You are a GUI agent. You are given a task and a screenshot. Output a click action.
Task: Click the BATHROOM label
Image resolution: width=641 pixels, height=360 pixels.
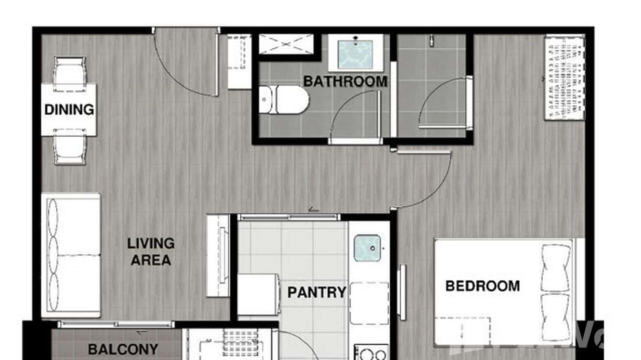(345, 81)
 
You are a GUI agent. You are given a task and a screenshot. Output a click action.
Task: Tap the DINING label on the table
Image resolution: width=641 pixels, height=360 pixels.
(69, 110)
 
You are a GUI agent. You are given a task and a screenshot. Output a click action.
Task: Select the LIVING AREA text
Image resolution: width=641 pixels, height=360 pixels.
(150, 252)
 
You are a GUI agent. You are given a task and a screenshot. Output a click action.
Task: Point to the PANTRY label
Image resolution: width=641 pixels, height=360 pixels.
(316, 292)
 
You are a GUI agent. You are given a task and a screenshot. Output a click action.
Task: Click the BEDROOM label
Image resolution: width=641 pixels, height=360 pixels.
(482, 286)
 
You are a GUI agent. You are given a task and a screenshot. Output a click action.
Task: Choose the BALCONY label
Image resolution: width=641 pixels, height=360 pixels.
(123, 349)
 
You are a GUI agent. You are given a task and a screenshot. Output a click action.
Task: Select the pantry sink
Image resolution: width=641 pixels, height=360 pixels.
(367, 248)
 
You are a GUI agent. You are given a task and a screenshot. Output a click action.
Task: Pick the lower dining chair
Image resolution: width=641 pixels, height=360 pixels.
(70, 146)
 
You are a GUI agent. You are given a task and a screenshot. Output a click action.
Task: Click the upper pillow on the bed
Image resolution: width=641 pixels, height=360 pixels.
(556, 268)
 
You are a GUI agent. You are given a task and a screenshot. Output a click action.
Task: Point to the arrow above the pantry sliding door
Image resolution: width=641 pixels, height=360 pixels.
(313, 209)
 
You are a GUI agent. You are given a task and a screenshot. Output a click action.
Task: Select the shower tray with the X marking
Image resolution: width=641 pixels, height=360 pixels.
(286, 43)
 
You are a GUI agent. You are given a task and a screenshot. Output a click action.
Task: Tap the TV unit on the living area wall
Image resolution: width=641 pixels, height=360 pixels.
(218, 255)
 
